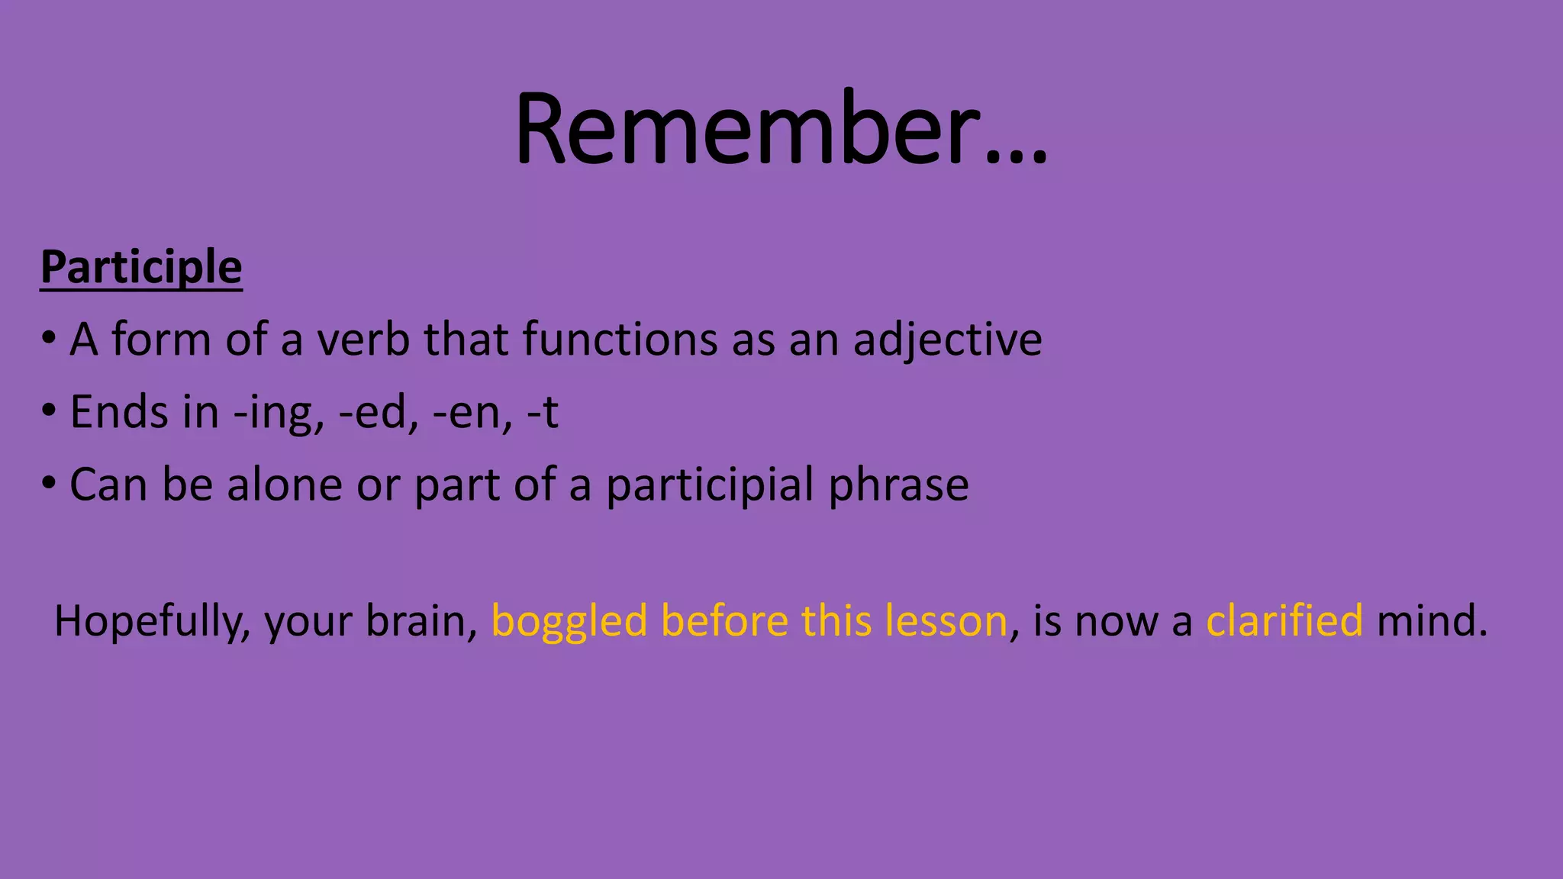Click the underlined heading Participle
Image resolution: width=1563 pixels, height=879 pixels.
coord(141,267)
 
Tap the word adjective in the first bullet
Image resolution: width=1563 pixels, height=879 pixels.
coord(947,340)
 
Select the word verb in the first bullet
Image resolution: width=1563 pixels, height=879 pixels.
coord(364,340)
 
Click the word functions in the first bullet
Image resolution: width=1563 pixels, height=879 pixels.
coord(620,340)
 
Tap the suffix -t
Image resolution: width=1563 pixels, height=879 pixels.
coord(543,412)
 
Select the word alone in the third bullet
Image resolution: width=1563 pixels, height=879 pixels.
coord(285,485)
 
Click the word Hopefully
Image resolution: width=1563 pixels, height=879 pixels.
coord(152,621)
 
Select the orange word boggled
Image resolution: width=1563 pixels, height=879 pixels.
coord(569,621)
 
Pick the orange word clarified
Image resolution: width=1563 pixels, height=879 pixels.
coord(1284,620)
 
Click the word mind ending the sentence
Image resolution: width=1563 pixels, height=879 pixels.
coord(1424,620)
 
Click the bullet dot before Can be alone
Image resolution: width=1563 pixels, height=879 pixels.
coord(49,483)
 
